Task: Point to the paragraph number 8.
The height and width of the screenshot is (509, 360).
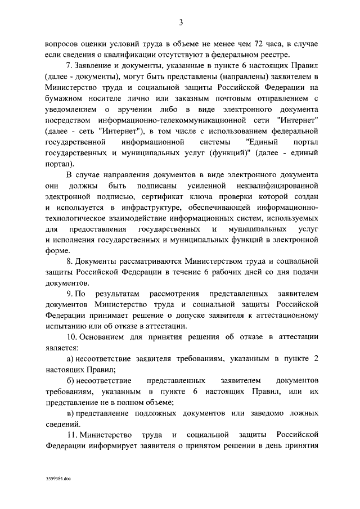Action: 70,262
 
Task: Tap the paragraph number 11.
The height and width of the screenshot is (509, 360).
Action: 71,435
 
